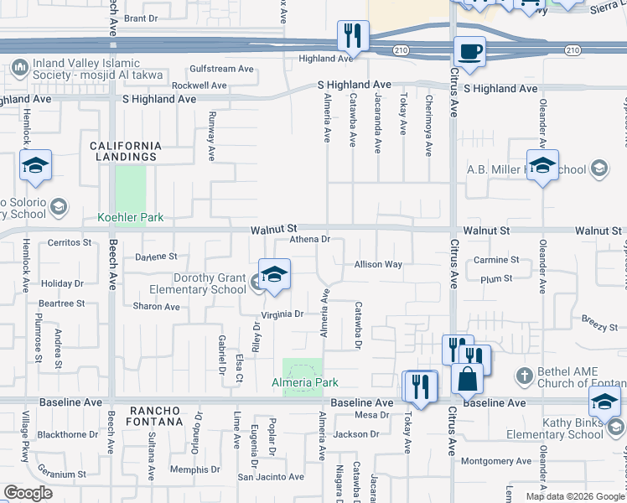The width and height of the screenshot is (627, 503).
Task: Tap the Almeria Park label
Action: [304, 382]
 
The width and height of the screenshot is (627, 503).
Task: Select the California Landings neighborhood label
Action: [125, 151]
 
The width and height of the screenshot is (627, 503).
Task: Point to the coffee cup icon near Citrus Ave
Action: [469, 52]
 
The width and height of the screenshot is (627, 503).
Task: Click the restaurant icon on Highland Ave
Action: [352, 36]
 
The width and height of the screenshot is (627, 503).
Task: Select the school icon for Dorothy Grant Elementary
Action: [274, 275]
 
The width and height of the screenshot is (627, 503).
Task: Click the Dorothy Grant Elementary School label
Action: [210, 284]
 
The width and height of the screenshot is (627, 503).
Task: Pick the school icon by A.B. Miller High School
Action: [542, 165]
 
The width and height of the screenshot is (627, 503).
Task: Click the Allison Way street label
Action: [378, 264]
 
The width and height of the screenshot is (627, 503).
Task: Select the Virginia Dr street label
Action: [282, 314]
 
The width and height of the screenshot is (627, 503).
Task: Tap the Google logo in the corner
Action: [28, 493]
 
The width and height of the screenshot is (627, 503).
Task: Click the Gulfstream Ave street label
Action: [221, 68]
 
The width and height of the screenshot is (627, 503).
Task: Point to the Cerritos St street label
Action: [69, 242]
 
